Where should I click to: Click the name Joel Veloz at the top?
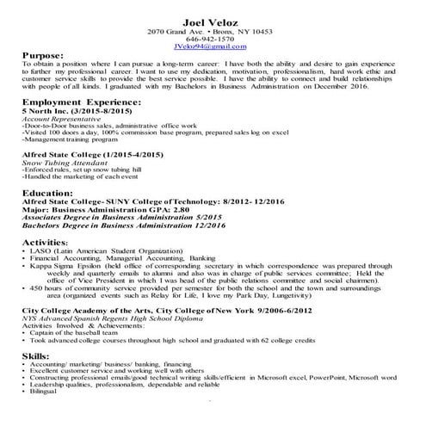tap(214, 21)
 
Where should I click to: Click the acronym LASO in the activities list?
tap(39, 251)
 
